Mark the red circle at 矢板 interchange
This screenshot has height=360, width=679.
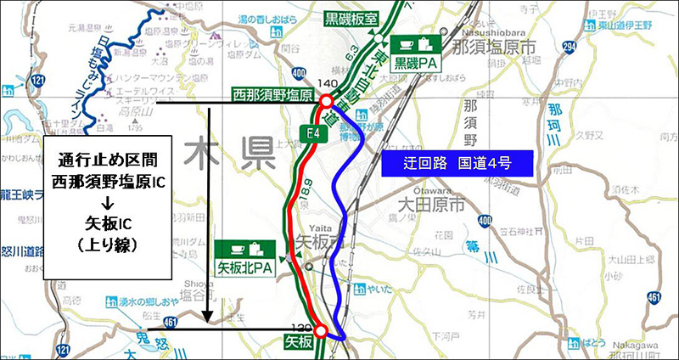point(320,331)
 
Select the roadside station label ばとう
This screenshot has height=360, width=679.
point(595,340)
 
